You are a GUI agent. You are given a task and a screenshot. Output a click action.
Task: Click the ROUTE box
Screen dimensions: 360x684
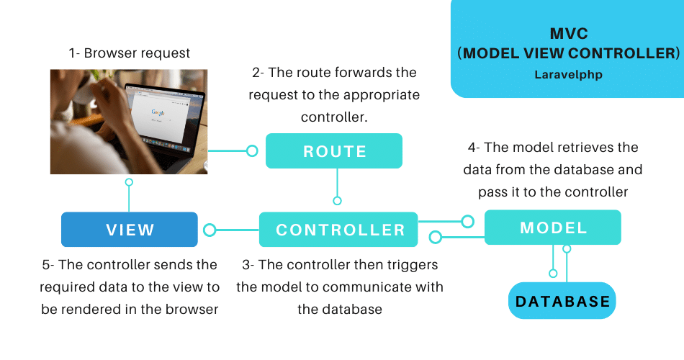coord(334,151)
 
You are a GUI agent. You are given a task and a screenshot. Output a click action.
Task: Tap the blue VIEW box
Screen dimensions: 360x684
coord(130,230)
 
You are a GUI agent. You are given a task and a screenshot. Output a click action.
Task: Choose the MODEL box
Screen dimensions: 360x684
coord(553,228)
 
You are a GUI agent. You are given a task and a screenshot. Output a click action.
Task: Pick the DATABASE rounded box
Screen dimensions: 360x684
coord(563,301)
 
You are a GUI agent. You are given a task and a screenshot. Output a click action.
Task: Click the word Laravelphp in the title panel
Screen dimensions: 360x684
coord(567,74)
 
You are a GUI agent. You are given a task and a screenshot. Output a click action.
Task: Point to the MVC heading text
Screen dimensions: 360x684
coord(567,33)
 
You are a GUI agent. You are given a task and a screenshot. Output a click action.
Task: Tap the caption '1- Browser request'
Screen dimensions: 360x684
coord(130,53)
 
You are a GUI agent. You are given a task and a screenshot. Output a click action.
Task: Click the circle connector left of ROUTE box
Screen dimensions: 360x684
coord(252,151)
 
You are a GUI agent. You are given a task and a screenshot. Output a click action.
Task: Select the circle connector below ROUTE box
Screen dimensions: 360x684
coord(337,201)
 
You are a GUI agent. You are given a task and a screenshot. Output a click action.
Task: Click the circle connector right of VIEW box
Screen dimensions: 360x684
coord(210,230)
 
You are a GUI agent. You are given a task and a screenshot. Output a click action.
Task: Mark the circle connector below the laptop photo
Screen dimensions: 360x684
coord(129,183)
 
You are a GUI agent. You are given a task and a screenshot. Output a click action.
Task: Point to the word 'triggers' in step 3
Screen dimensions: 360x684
coord(413,265)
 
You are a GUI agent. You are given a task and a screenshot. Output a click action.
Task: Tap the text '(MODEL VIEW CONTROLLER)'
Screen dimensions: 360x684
coord(567,53)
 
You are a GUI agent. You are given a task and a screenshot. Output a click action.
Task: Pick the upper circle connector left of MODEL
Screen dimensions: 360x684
coord(468,221)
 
